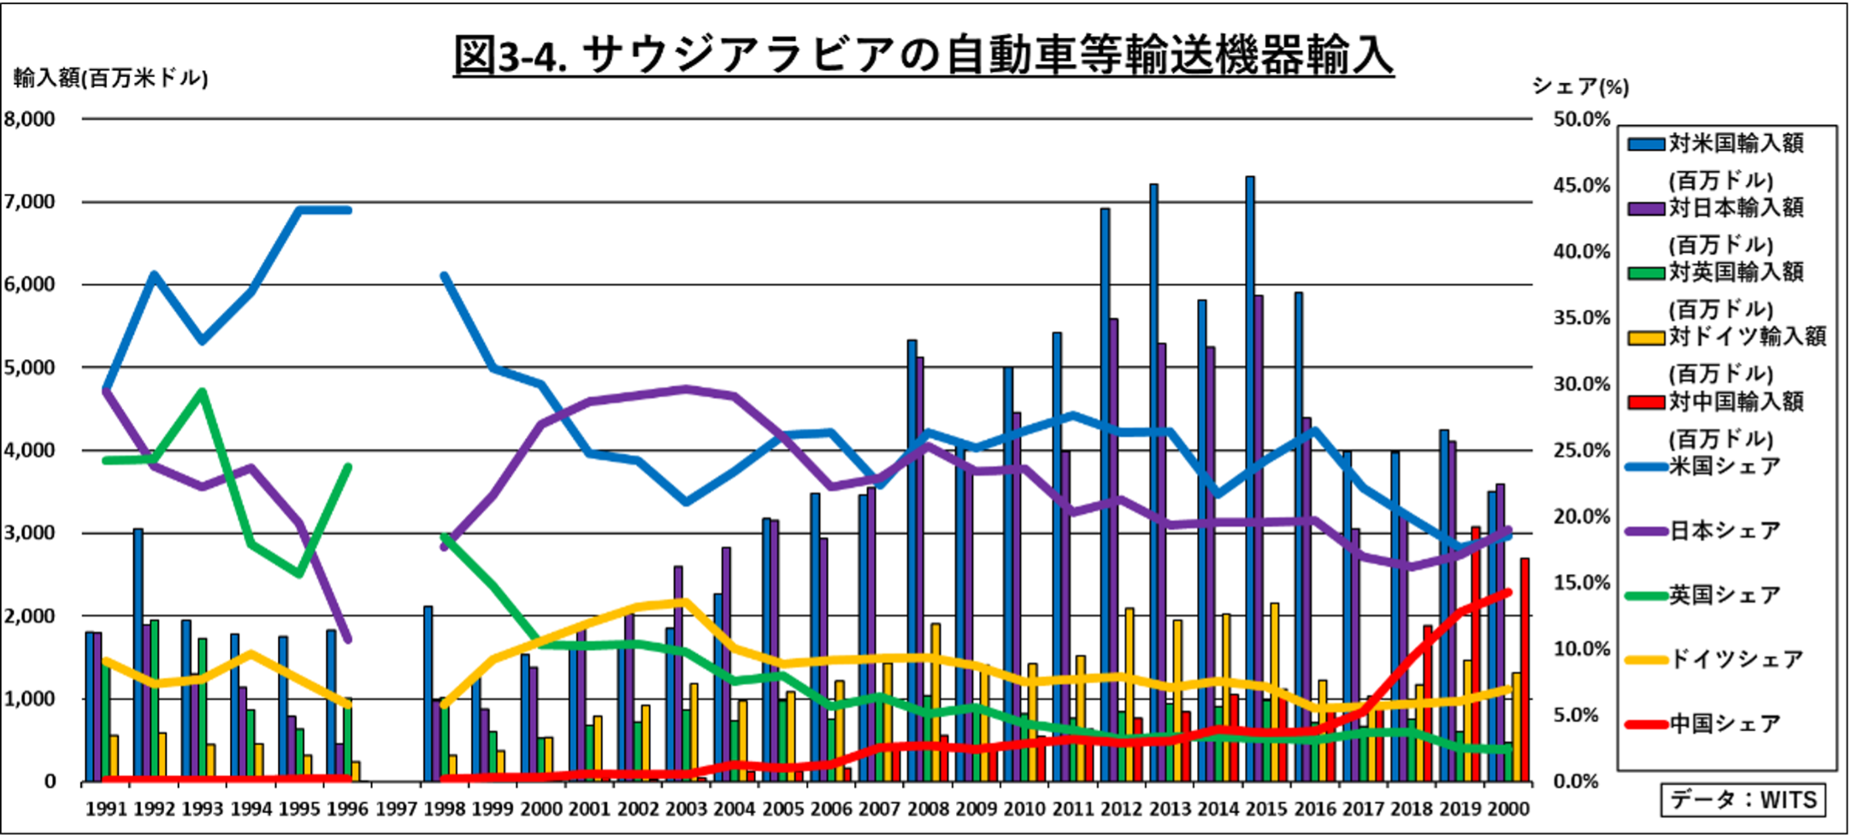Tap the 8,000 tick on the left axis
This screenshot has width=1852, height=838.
point(31,119)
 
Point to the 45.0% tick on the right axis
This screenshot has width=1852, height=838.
point(1581,186)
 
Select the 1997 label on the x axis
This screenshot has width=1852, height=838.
point(396,808)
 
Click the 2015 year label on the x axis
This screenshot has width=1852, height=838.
point(1266,808)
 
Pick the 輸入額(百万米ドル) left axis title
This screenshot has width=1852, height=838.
point(111,79)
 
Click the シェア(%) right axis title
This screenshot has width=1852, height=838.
point(1580,86)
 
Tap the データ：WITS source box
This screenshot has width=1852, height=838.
point(1743,800)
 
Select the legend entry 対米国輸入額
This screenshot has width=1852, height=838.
point(1736,144)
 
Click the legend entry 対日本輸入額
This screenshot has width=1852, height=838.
point(1736,208)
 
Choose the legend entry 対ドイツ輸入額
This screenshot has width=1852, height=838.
point(1747,336)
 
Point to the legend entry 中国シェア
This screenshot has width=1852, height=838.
point(1725,724)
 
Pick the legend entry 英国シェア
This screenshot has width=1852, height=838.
point(1725,595)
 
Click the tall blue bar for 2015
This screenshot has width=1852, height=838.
point(1250,479)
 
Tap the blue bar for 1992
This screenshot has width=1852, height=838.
point(138,654)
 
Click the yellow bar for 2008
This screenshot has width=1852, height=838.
point(935,701)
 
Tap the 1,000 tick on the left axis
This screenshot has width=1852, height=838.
point(31,699)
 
